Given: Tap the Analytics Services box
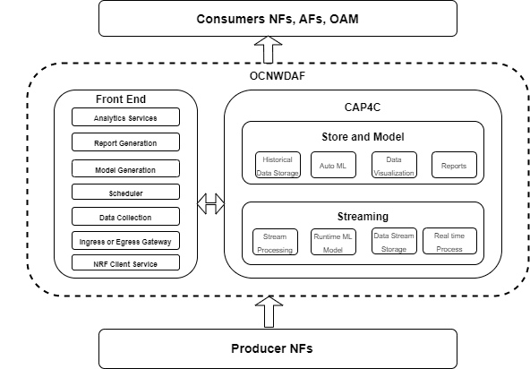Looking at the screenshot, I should pyautogui.click(x=125, y=117).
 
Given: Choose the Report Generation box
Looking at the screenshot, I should pyautogui.click(x=125, y=142).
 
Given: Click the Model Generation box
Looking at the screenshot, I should pyautogui.click(x=125, y=168).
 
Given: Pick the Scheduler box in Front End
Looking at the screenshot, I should pyautogui.click(x=125, y=193).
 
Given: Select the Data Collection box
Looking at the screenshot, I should pyautogui.click(x=125, y=217).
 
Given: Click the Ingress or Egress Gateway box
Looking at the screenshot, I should pyautogui.click(x=125, y=240).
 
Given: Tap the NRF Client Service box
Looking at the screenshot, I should pyautogui.click(x=125, y=262).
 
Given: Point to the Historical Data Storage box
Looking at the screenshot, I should pyautogui.click(x=278, y=165).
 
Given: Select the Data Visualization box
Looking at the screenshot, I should pyautogui.click(x=394, y=165).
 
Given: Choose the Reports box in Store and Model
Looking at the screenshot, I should pyautogui.click(x=454, y=165).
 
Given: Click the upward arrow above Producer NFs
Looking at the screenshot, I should pyautogui.click(x=268, y=311).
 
